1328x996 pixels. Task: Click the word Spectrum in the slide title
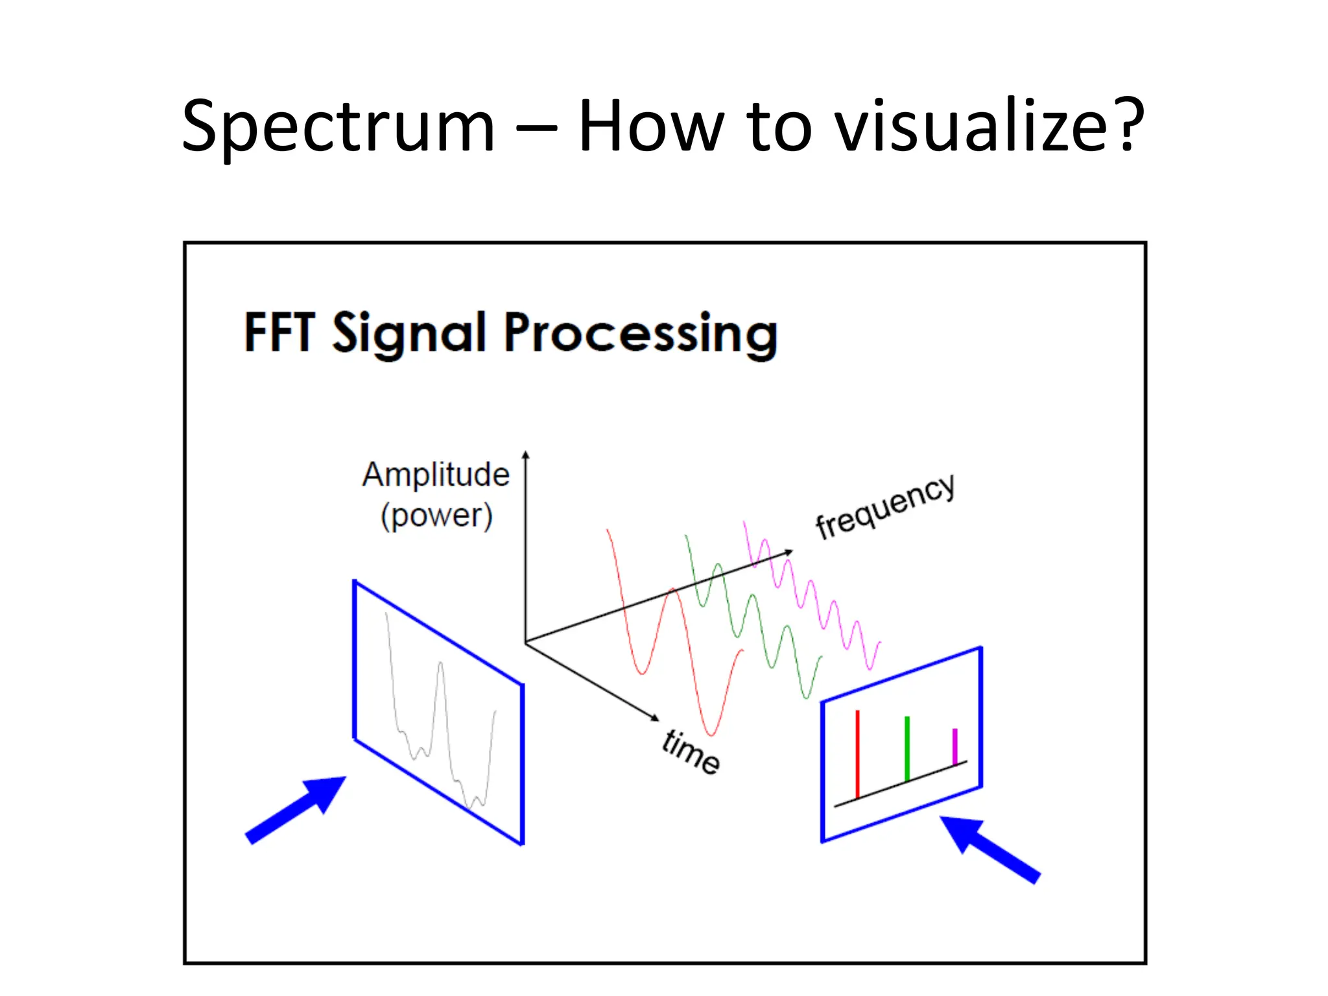pyautogui.click(x=338, y=126)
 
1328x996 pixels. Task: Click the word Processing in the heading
pyautogui.click(x=640, y=334)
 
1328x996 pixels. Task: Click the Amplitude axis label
pyautogui.click(x=436, y=474)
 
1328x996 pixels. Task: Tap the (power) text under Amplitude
pyautogui.click(x=436, y=516)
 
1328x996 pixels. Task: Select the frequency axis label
pyautogui.click(x=884, y=506)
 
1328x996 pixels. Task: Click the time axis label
pyautogui.click(x=691, y=752)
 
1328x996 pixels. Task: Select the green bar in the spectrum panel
pyautogui.click(x=907, y=748)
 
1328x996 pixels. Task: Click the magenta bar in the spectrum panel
pyautogui.click(x=954, y=746)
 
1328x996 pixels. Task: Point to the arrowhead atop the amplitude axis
pyautogui.click(x=526, y=455)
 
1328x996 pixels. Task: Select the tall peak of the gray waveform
pyautogui.click(x=441, y=665)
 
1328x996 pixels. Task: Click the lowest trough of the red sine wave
pyautogui.click(x=711, y=734)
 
